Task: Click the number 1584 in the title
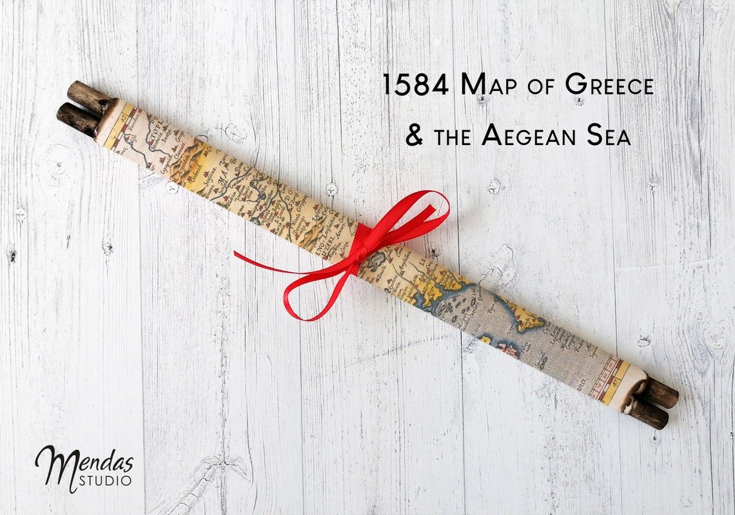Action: [415, 85]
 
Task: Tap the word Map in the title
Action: [493, 85]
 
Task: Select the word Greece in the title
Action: [609, 85]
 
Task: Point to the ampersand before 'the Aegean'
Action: [415, 135]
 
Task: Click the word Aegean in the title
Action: [529, 135]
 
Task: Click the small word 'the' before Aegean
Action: [454, 137]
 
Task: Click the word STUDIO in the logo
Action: [105, 480]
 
